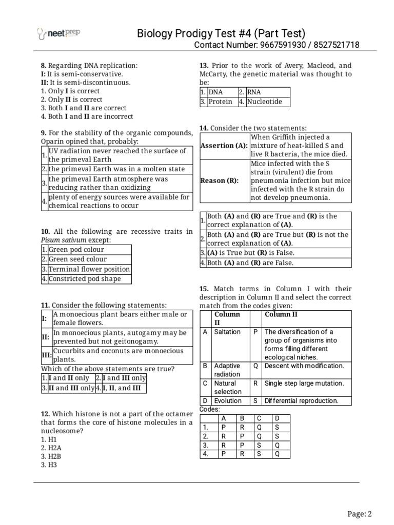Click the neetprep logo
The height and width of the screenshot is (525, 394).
(58, 34)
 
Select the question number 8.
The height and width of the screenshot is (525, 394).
(44, 65)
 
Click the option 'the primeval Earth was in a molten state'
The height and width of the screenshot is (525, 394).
(116, 169)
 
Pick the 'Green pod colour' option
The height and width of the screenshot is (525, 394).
(76, 250)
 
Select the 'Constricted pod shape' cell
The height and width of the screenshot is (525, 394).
(85, 279)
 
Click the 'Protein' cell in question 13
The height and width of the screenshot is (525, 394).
(220, 102)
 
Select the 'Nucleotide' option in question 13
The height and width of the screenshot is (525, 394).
(264, 102)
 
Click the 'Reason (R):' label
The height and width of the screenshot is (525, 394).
(219, 180)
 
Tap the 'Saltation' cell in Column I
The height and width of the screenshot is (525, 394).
(227, 332)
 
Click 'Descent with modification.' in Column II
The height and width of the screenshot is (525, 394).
(304, 366)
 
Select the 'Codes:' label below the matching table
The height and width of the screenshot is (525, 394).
(209, 409)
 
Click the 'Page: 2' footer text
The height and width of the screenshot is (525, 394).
(359, 514)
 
